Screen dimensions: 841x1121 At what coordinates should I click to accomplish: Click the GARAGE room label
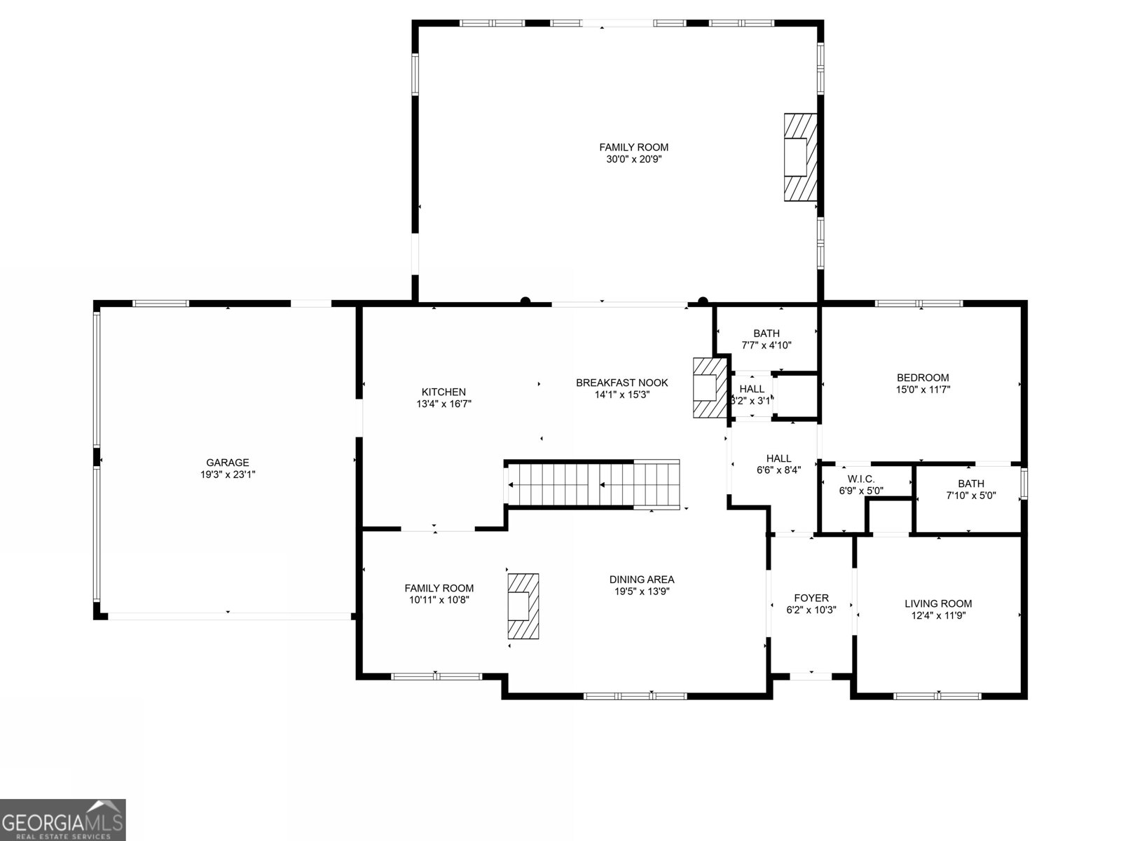[227, 463]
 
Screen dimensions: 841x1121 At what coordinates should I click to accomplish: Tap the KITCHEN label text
[443, 392]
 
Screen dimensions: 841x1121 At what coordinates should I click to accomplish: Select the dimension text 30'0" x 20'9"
[633, 159]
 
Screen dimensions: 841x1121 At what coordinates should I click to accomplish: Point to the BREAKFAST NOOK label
[621, 383]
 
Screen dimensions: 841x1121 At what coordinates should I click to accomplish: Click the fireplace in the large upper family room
[799, 157]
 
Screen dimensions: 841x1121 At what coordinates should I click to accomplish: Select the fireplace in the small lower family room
[523, 606]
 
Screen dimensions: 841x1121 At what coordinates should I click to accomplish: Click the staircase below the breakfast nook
[593, 484]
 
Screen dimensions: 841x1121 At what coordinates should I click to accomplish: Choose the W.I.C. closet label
[861, 479]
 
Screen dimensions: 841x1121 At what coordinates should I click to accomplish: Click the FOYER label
[811, 598]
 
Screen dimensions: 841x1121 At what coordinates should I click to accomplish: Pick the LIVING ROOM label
[938, 603]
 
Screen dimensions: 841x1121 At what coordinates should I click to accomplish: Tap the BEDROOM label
[923, 378]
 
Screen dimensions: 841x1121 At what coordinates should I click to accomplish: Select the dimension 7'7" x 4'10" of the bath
[766, 345]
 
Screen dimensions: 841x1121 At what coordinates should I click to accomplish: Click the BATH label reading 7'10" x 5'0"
[970, 484]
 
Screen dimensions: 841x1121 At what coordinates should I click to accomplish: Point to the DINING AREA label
[641, 580]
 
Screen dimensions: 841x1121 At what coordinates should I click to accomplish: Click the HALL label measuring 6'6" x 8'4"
[778, 458]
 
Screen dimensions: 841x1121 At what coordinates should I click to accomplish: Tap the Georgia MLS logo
[63, 819]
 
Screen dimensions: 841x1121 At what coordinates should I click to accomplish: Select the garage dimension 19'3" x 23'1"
[227, 474]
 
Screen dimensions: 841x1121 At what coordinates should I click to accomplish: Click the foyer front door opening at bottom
[811, 676]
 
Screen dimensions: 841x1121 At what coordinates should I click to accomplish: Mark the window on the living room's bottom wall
[937, 696]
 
